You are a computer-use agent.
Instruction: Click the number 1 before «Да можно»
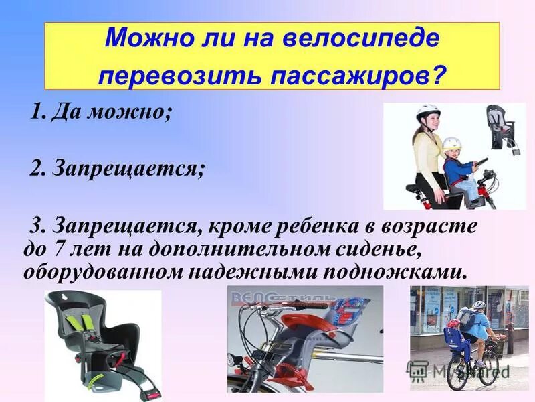pyautogui.click(x=36, y=111)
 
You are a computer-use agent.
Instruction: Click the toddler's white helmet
pyautogui.click(x=452, y=143)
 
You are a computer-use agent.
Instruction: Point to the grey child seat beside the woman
pyautogui.click(x=501, y=127)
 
